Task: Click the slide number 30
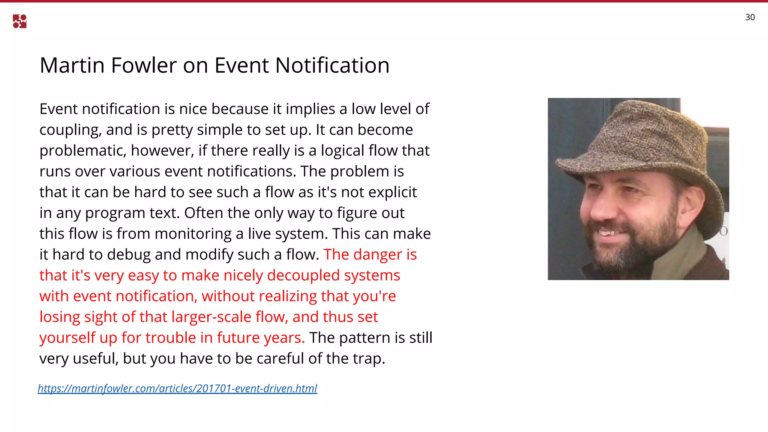[750, 17]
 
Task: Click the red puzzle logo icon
[19, 21]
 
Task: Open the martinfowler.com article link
[177, 388]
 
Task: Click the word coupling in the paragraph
[70, 130]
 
